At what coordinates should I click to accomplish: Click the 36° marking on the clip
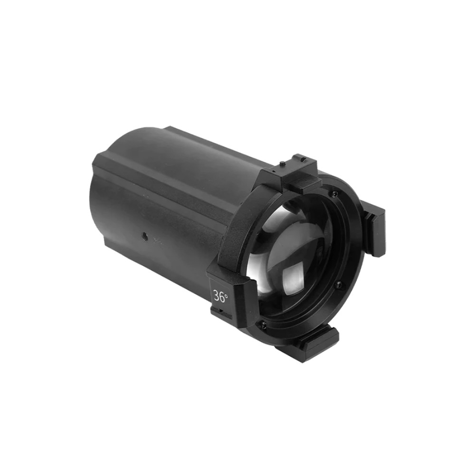click(x=220, y=297)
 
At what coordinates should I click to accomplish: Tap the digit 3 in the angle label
click(x=217, y=297)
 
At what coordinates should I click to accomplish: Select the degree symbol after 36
click(x=227, y=294)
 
